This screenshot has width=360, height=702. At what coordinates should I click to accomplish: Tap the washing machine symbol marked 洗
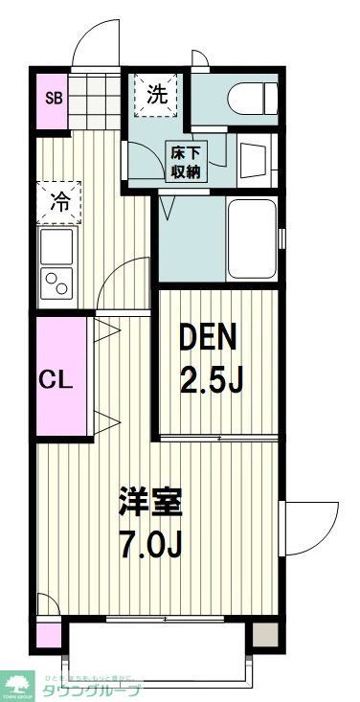[x=158, y=95]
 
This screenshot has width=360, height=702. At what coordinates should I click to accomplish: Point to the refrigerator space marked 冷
[x=59, y=202]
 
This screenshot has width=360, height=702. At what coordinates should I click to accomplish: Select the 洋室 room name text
[x=150, y=502]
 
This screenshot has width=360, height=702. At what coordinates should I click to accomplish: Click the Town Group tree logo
[x=17, y=682]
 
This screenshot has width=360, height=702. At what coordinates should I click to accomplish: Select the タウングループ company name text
[x=93, y=691]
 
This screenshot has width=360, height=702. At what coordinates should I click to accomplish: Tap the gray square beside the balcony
[x=265, y=633]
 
